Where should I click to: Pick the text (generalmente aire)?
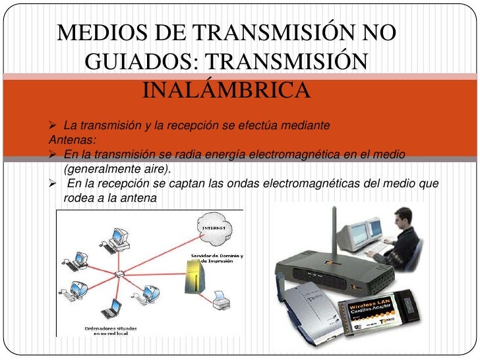pyautogui.click(x=117, y=169)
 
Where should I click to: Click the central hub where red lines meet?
pyautogui.click(x=119, y=274)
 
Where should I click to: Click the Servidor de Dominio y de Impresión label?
pyautogui.click(x=217, y=258)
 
